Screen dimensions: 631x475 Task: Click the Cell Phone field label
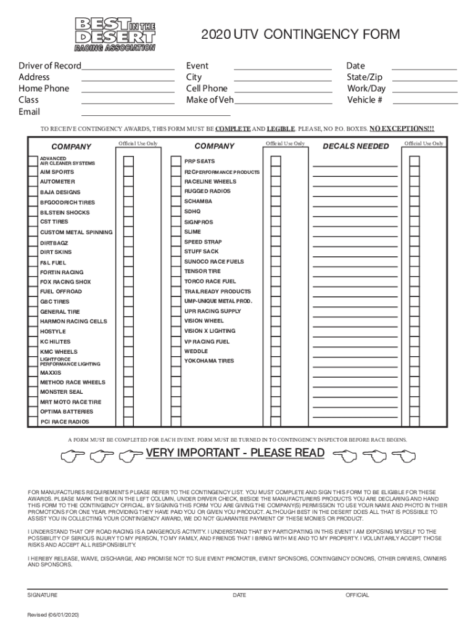(207, 89)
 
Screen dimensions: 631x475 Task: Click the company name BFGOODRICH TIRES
(67, 202)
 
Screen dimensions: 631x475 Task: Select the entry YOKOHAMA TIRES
(209, 361)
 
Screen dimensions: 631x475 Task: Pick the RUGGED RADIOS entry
(207, 192)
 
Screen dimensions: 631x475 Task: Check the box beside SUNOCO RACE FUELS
(276, 262)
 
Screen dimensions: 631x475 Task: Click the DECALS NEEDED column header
(356, 146)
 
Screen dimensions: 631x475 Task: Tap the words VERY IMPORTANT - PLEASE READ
(235, 454)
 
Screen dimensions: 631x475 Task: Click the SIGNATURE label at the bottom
(43, 595)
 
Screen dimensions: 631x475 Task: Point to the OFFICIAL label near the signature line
(357, 595)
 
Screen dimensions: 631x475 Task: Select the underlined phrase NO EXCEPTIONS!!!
(402, 129)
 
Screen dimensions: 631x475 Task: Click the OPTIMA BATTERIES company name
(67, 412)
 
